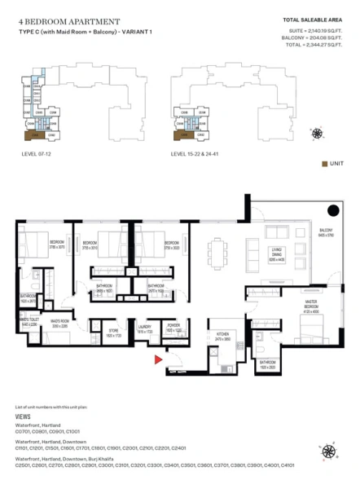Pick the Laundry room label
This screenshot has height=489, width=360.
click(144, 329)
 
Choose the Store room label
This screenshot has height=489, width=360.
click(113, 333)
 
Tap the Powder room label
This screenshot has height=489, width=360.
click(173, 329)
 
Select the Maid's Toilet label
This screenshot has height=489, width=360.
click(29, 322)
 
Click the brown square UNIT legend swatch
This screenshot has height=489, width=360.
click(325, 163)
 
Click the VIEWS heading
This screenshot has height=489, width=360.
click(24, 415)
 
